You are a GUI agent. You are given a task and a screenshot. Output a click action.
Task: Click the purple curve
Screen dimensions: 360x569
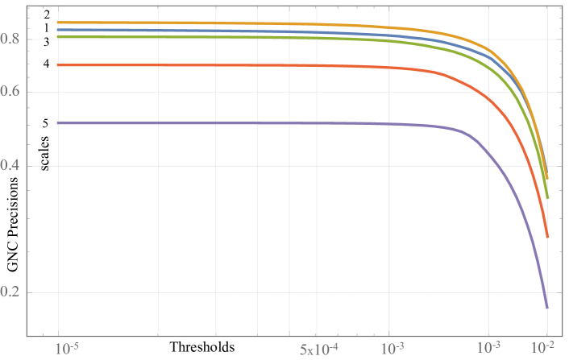(x=242, y=123)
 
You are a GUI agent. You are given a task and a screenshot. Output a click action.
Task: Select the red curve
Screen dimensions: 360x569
(x=242, y=65)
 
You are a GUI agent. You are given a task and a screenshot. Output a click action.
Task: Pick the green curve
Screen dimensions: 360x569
(x=242, y=38)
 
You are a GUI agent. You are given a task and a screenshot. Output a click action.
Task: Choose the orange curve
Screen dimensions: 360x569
(x=242, y=23)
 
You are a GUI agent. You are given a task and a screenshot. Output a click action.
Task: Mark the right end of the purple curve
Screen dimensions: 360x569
(x=547, y=308)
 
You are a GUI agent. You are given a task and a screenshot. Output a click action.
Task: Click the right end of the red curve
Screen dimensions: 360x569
(x=547, y=238)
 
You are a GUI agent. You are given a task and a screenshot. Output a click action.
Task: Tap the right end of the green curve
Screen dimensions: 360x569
(x=547, y=197)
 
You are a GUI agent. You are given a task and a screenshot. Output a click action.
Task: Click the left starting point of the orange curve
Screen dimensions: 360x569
(x=58, y=23)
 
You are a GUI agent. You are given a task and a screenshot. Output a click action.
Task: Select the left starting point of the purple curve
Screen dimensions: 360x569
(x=58, y=123)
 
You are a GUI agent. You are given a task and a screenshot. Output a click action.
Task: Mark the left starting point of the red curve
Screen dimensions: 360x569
(x=58, y=65)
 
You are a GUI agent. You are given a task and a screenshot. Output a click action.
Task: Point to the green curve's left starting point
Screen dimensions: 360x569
(x=58, y=37)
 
